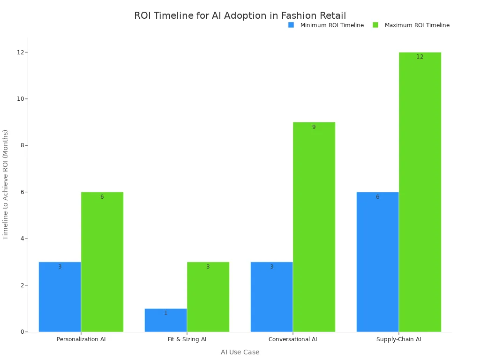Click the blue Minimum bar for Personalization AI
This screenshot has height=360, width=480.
tap(60, 297)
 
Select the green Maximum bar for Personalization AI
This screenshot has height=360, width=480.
tap(102, 262)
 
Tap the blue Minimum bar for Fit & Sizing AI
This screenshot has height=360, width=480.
tap(165, 320)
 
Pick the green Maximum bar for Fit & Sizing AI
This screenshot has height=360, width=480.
tap(208, 297)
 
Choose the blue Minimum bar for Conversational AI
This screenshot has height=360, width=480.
tap(271, 297)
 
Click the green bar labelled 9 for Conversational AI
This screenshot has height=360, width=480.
tap(314, 227)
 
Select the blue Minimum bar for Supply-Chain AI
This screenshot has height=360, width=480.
tap(377, 262)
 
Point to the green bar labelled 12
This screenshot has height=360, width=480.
tap(420, 192)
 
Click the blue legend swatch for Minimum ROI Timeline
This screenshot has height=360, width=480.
tap(291, 25)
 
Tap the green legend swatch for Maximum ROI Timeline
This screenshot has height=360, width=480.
tap(375, 25)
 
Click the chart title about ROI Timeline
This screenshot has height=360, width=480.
tap(240, 15)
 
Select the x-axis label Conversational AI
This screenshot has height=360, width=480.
tap(292, 339)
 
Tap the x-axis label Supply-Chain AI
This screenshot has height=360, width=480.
tap(398, 339)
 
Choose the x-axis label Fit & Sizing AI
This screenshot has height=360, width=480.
tap(187, 339)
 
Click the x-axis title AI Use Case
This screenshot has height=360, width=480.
tap(240, 352)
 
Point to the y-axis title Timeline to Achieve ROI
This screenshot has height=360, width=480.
tap(6, 185)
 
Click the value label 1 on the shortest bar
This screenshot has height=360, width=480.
tap(165, 313)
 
